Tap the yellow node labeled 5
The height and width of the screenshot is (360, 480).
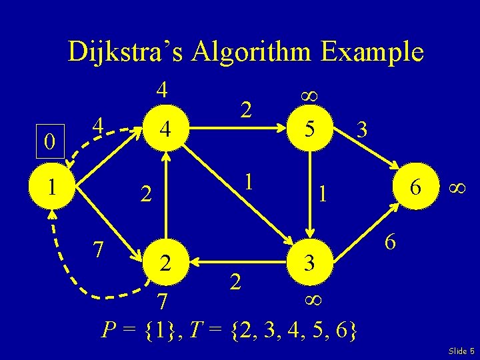click(308, 129)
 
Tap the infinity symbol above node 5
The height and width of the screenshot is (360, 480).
click(308, 95)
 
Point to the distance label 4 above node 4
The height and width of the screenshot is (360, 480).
click(161, 90)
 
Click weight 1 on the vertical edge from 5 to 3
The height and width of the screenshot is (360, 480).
click(322, 194)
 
